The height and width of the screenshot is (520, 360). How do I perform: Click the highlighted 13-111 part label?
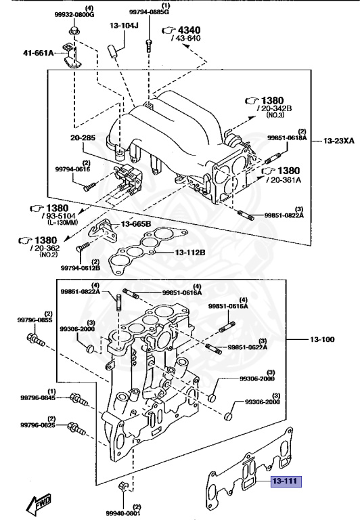click(286, 481)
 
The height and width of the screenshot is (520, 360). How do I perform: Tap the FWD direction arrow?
click(39, 502)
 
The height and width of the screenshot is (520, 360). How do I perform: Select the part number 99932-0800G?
click(74, 15)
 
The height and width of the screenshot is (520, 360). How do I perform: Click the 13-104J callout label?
click(124, 26)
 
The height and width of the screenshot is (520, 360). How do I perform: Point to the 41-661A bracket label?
click(38, 52)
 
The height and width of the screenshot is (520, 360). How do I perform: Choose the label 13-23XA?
click(339, 141)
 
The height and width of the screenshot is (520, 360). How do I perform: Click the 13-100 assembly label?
click(322, 339)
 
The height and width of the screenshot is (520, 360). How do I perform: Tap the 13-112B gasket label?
click(190, 253)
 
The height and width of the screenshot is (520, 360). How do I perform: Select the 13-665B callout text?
click(135, 224)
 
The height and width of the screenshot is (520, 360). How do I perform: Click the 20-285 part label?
click(83, 137)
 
